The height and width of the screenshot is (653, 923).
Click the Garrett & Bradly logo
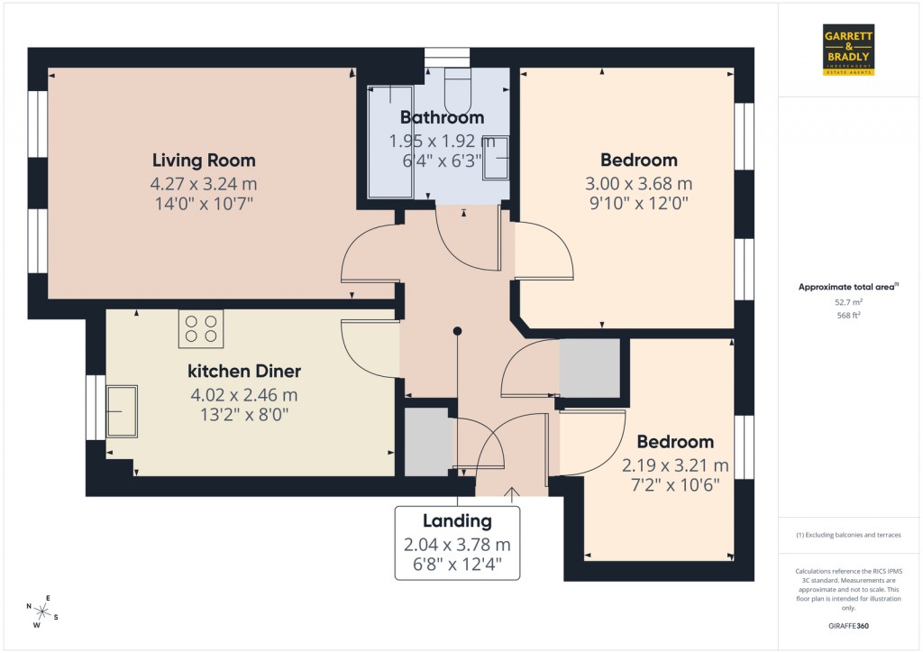849,51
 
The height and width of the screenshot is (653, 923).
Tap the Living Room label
204,161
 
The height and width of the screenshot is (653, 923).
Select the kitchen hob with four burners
201,328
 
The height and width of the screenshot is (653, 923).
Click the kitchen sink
123,411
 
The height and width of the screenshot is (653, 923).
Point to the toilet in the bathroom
457,89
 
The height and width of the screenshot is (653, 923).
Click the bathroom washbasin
497,160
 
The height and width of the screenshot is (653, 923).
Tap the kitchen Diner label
243,372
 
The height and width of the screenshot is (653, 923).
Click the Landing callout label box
457,543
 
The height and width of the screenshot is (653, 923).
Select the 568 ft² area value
848,317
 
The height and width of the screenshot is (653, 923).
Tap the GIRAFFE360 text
848,625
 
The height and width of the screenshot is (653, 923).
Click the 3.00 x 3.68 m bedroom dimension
638,183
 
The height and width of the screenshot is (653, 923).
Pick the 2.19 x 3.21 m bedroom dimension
675,465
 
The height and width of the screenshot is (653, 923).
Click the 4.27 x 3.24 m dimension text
204,183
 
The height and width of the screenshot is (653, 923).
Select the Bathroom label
442,117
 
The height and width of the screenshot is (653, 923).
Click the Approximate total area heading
847,288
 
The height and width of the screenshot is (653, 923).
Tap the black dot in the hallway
458,331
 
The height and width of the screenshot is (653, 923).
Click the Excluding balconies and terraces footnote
848,535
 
